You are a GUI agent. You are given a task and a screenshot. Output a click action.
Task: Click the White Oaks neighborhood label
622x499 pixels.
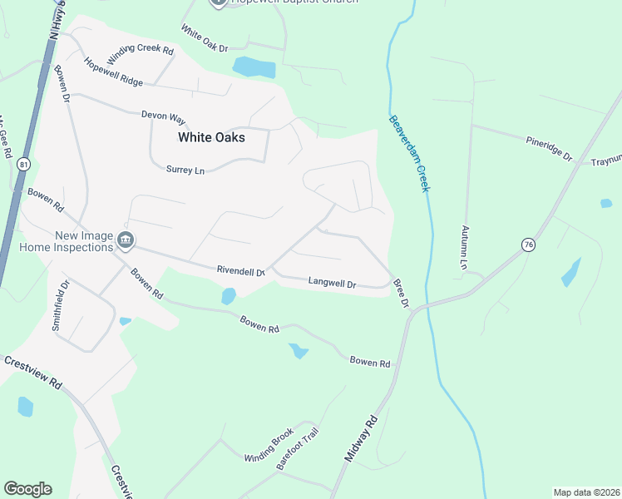click(x=211, y=137)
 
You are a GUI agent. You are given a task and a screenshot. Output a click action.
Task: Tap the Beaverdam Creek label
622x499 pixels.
click(x=409, y=153)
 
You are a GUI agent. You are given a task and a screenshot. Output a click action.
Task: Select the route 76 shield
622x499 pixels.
click(x=528, y=244)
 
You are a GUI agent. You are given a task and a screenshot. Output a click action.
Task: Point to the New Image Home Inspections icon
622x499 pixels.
click(x=126, y=241)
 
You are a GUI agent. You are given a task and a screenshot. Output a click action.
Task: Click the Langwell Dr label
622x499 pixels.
click(x=332, y=283)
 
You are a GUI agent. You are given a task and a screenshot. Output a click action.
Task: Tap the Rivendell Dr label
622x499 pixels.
click(x=240, y=270)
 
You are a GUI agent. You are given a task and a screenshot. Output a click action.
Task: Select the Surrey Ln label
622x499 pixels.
click(x=185, y=170)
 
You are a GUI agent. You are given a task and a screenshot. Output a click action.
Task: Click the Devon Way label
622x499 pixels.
click(x=163, y=116)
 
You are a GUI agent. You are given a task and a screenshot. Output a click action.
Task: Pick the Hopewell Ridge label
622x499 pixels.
click(x=113, y=72)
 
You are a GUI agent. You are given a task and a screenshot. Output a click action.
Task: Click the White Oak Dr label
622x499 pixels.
click(x=204, y=38)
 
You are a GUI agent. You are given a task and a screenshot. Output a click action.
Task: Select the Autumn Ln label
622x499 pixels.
click(x=465, y=246)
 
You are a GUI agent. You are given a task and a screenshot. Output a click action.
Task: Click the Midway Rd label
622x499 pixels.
click(x=361, y=438)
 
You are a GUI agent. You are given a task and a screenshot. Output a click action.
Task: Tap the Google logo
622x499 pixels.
click(x=27, y=489)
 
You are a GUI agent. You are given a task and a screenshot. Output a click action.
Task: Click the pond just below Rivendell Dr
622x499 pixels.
click(x=229, y=295)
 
